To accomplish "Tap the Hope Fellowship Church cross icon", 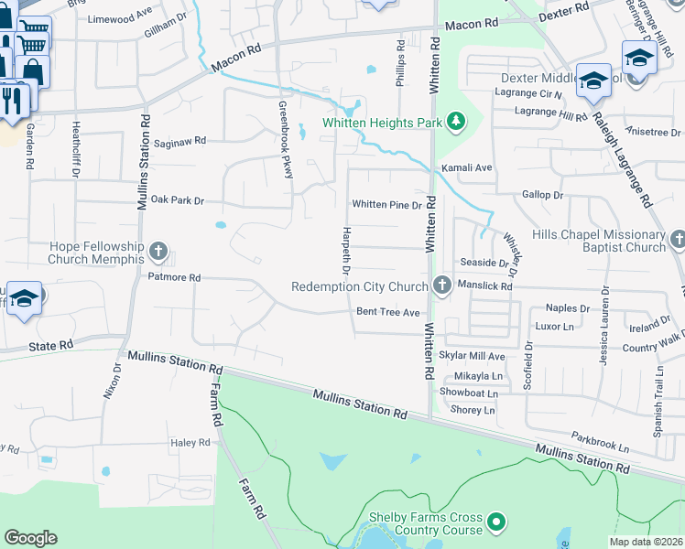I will coord(158,251).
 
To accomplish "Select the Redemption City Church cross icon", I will coord(441,286).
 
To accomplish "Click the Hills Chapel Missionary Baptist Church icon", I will coord(678,240).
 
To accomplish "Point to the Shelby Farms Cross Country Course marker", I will coord(496,522).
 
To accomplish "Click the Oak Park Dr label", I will coord(177,199).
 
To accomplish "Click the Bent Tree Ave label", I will coord(387,312).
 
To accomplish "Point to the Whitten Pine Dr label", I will coord(386,205).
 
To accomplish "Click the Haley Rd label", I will coord(190,443).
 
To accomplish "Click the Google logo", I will coord(30,537).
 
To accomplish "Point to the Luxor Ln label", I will coord(553,326).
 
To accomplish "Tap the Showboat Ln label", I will coord(468,393).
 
